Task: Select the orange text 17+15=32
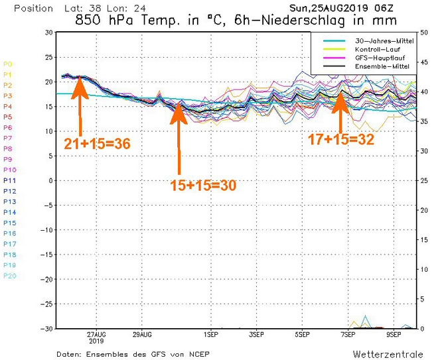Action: pyautogui.click(x=340, y=139)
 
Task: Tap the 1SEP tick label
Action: pyautogui.click(x=211, y=333)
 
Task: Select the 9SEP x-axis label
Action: pyautogui.click(x=393, y=333)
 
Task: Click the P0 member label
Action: pyautogui.click(x=8, y=64)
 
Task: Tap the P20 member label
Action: pyautogui.click(x=9, y=276)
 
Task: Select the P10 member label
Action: pyautogui.click(x=9, y=170)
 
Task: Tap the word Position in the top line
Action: pyautogui.click(x=33, y=8)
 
